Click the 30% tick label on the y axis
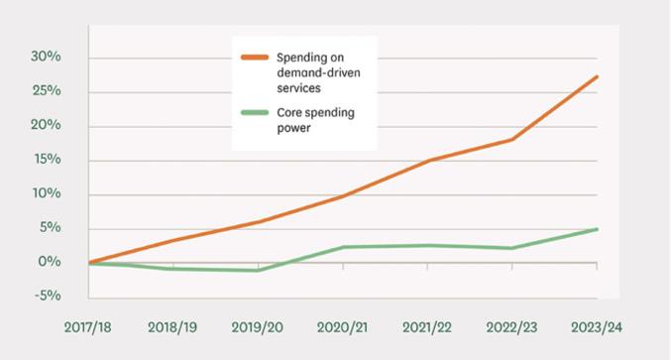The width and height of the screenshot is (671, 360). pyautogui.click(x=46, y=57)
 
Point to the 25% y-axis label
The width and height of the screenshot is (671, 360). pyautogui.click(x=47, y=91)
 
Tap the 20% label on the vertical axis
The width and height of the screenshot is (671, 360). pyautogui.click(x=46, y=125)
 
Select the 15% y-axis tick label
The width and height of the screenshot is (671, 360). pyautogui.click(x=47, y=159)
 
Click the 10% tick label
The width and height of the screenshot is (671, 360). pyautogui.click(x=47, y=193)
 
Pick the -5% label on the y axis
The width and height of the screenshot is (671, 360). pyautogui.click(x=48, y=296)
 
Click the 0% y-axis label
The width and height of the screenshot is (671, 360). pyautogui.click(x=50, y=261)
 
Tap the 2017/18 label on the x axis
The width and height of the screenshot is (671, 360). pyautogui.click(x=88, y=327)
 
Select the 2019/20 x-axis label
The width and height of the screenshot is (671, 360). pyautogui.click(x=257, y=327)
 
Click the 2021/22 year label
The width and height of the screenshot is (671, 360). pyautogui.click(x=426, y=327)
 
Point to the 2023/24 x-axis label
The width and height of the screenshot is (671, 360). pyautogui.click(x=596, y=327)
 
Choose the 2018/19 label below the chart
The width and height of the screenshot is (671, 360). pyautogui.click(x=172, y=327)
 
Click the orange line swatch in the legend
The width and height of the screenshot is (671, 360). pyautogui.click(x=255, y=57)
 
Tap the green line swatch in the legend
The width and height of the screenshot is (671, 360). pyautogui.click(x=255, y=113)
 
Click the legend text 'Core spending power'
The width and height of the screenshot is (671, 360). pyautogui.click(x=316, y=120)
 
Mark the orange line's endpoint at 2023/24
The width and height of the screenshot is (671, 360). pyautogui.click(x=597, y=76)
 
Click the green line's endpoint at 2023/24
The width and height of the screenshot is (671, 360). pyautogui.click(x=597, y=229)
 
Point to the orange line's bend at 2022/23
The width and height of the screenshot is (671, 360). pyautogui.click(x=512, y=140)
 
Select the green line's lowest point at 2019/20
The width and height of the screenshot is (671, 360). pyautogui.click(x=258, y=271)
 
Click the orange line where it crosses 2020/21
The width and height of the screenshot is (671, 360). pyautogui.click(x=343, y=196)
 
